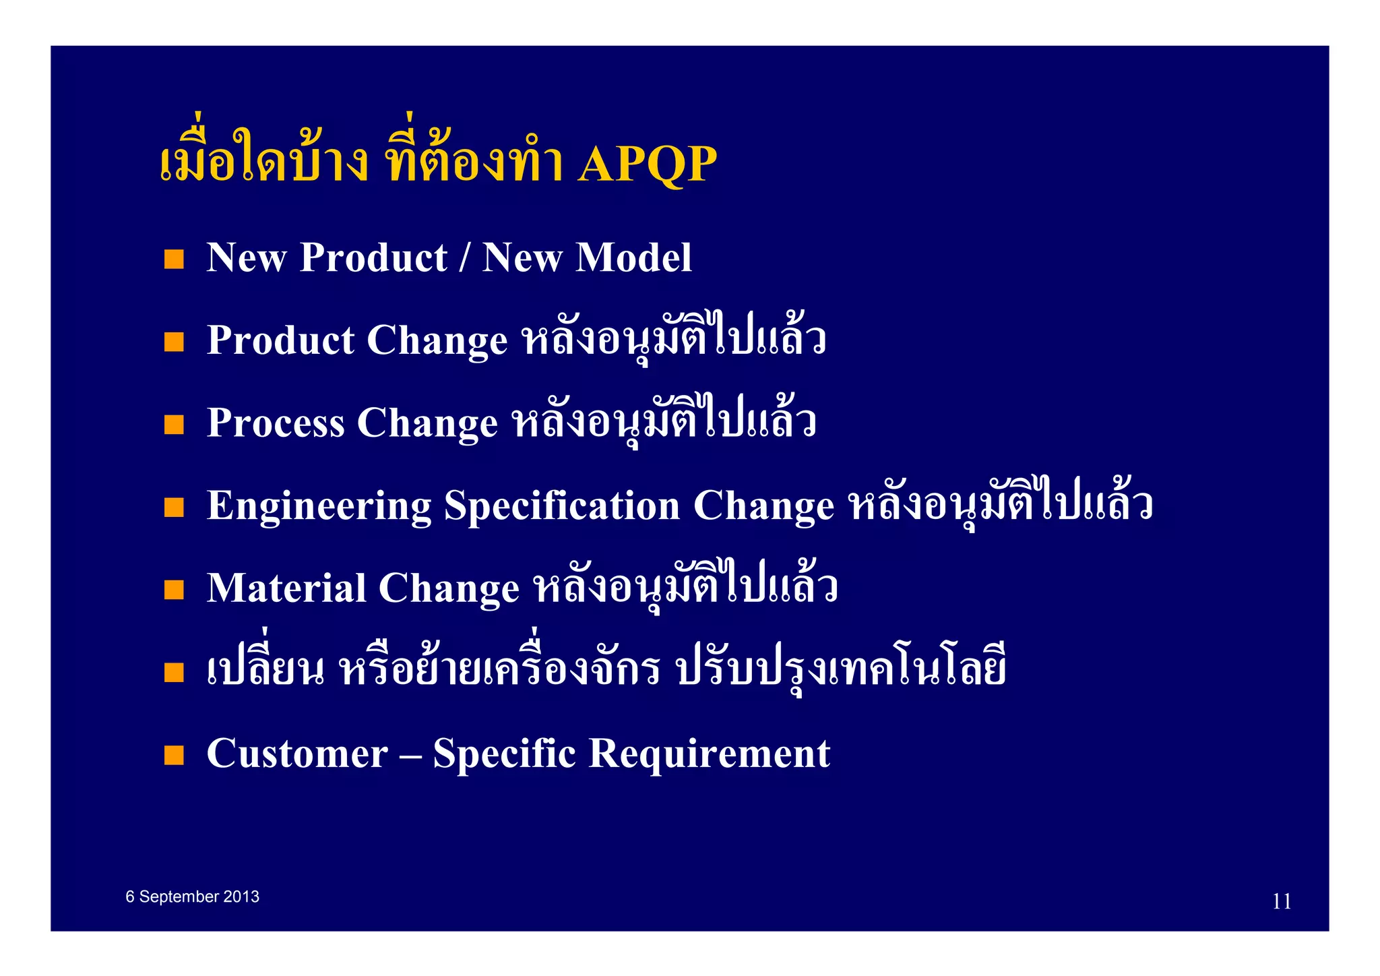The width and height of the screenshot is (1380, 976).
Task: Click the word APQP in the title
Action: coord(647,164)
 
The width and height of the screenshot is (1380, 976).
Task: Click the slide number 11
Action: coord(1281,901)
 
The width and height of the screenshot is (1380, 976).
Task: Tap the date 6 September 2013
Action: coord(192,896)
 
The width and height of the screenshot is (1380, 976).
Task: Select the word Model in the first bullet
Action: coord(633,257)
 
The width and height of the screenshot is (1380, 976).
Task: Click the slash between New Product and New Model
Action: coord(464,259)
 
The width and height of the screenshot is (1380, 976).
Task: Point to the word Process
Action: coord(275,423)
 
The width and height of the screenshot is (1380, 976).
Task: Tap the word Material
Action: coord(286,588)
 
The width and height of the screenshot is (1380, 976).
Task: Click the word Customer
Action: coord(296,754)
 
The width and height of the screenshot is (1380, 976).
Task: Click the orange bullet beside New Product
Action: coord(174,260)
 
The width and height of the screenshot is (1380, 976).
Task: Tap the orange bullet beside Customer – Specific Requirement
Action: coord(174,755)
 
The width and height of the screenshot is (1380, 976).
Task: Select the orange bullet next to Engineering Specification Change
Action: coord(174,508)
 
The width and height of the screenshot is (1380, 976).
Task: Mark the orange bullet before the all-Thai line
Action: coord(174,672)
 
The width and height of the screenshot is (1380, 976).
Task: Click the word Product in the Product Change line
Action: coord(280,340)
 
